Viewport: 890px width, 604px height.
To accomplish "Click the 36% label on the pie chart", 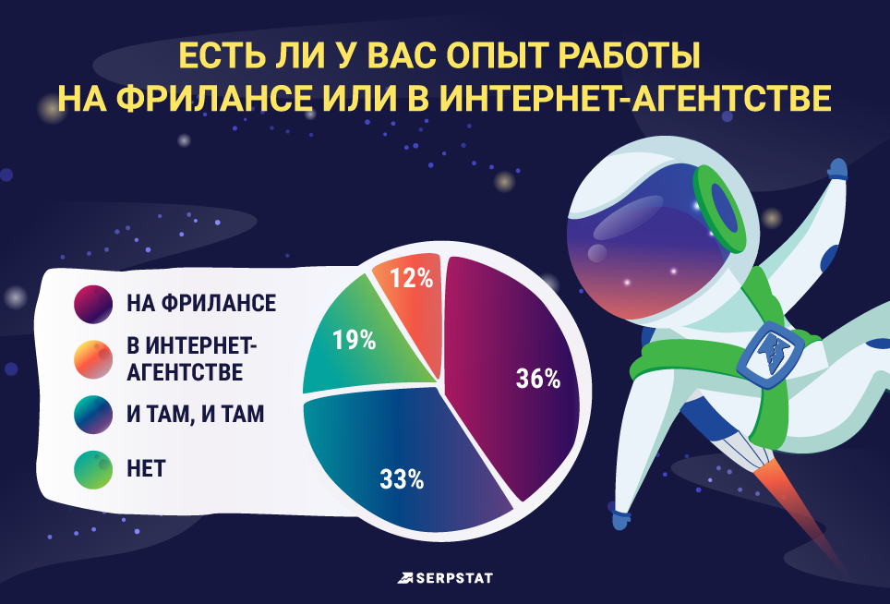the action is (x=538, y=379).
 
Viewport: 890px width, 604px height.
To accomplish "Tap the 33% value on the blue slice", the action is (x=402, y=480).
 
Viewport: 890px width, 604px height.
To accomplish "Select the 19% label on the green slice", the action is (x=355, y=341).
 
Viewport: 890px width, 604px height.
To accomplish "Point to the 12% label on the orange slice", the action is (x=412, y=279).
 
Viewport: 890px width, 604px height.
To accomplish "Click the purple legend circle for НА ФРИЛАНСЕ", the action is (x=93, y=304).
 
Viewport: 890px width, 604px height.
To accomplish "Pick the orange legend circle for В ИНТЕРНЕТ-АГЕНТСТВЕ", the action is (x=93, y=359).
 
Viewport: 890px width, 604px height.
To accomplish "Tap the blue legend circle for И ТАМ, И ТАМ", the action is (x=93, y=415).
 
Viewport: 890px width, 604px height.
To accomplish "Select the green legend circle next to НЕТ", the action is (x=93, y=469).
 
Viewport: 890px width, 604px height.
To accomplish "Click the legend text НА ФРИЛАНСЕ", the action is (x=201, y=303).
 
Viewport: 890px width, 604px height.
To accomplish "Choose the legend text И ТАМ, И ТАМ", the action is (x=195, y=415).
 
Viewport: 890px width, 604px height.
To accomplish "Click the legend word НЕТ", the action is (x=146, y=469).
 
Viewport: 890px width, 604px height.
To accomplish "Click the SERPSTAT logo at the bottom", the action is (x=445, y=578).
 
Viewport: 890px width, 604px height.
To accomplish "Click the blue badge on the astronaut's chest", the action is (x=769, y=355).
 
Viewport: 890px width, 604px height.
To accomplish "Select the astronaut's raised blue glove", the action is (x=838, y=169).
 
